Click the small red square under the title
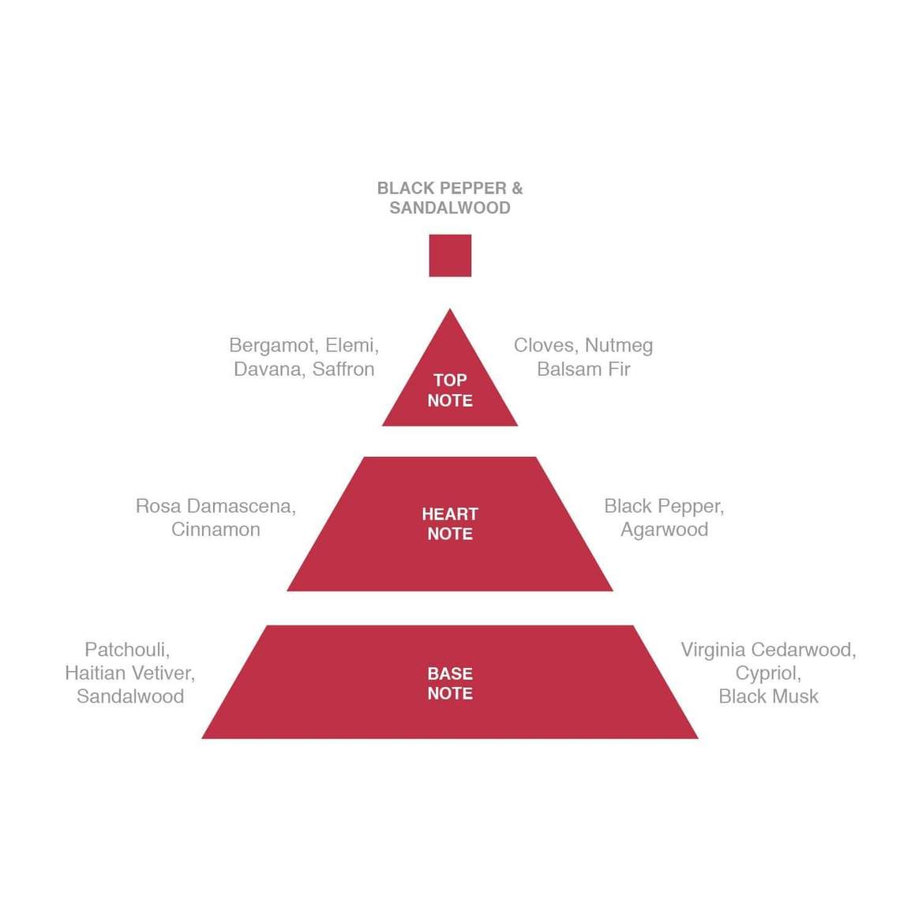click(x=450, y=255)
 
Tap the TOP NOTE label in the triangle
click(x=450, y=390)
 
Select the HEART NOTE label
click(x=450, y=523)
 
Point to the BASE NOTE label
click(x=450, y=684)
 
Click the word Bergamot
click(x=272, y=346)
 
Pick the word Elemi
click(x=351, y=346)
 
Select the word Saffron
click(x=343, y=369)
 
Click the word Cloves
click(x=544, y=346)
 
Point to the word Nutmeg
click(x=619, y=346)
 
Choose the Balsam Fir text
click(x=583, y=369)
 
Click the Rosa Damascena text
click(x=215, y=506)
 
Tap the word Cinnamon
click(x=216, y=530)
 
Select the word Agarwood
click(x=664, y=530)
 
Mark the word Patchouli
click(x=126, y=650)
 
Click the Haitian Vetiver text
click(x=129, y=673)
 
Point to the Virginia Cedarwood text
click(x=767, y=650)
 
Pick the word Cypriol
click(x=767, y=673)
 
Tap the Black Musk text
click(x=768, y=697)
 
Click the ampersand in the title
click(x=517, y=189)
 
